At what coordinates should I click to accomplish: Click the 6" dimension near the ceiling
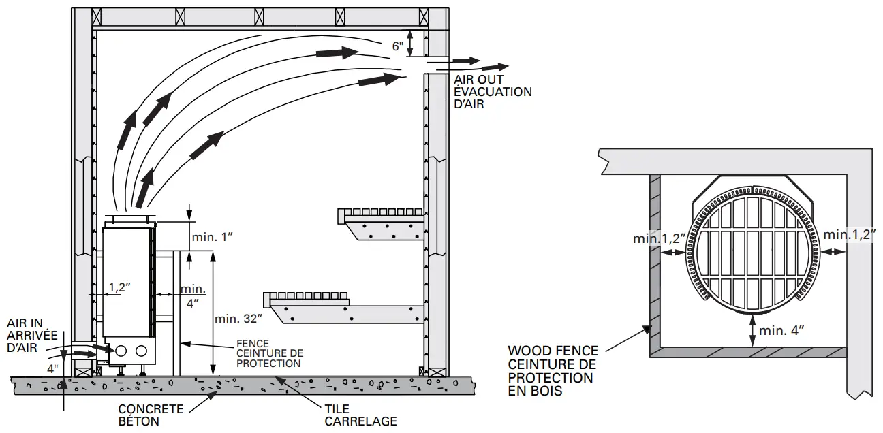point(398,47)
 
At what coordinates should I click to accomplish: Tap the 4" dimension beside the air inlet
point(52,368)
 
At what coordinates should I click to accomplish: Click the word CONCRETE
point(151,409)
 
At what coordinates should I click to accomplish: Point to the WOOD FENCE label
point(553,351)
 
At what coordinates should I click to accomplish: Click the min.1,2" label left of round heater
point(658,238)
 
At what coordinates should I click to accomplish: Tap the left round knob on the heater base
point(122,351)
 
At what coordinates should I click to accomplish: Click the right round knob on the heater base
point(141,351)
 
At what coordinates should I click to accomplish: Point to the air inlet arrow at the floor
point(84,354)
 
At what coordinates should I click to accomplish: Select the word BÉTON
point(139,421)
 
